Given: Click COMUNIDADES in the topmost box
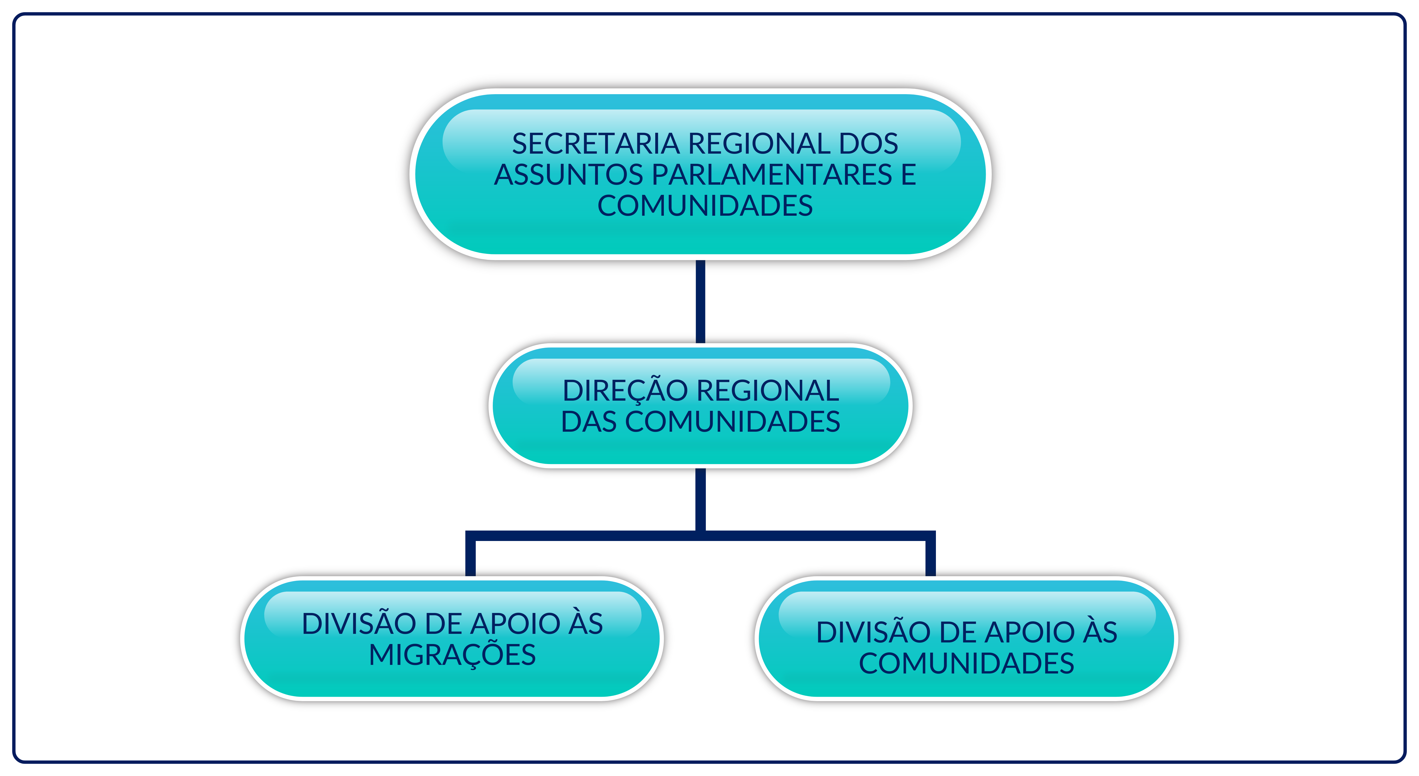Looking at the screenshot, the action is click(705, 206).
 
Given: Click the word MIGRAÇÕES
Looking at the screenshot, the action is click(452, 655).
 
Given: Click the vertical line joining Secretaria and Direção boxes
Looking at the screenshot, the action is click(701, 302).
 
